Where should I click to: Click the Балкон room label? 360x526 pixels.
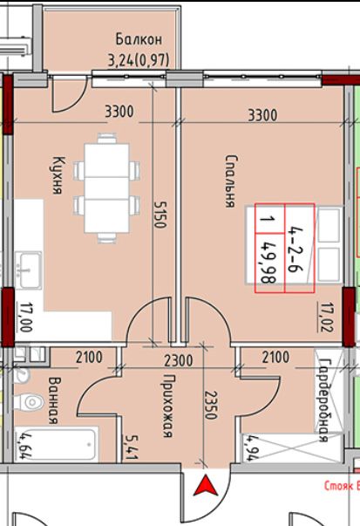coord(139,39)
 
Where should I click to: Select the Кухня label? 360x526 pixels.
coord(58,175)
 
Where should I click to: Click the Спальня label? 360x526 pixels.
coord(230,181)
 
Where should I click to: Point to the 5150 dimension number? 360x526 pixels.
coord(160,215)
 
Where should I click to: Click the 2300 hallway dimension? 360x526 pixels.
coord(179,360)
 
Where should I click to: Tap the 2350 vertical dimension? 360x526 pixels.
coord(210,405)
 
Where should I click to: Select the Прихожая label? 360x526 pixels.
coord(167,406)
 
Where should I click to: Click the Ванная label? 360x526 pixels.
coord(54,400)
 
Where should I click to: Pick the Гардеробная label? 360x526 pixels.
coord(323,400)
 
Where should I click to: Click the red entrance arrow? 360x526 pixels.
coord(206,487)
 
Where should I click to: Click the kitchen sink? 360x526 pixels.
coord(30,270)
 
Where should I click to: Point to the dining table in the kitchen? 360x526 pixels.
coord(106,188)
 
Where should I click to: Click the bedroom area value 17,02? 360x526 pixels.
coord(326,317)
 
